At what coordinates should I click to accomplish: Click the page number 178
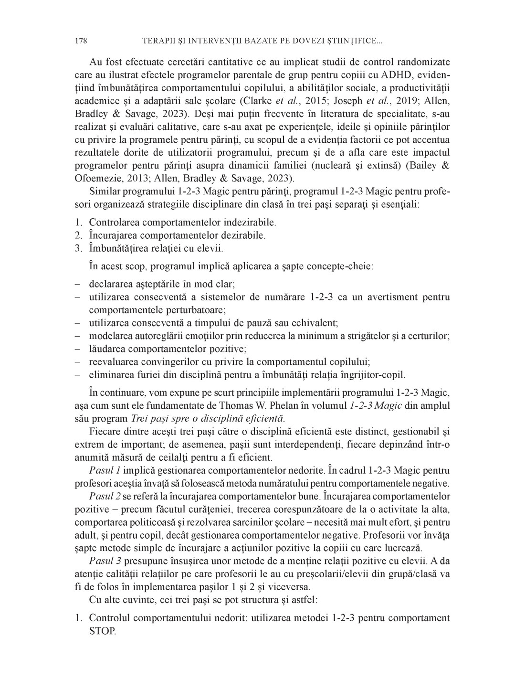(x=81, y=42)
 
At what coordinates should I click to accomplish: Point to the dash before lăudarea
(x=78, y=349)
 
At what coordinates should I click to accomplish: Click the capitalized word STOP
(x=102, y=631)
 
